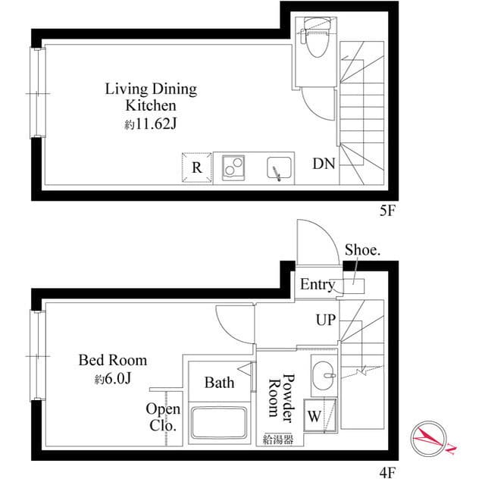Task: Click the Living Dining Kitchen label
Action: pyautogui.click(x=150, y=97)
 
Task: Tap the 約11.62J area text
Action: pyautogui.click(x=150, y=123)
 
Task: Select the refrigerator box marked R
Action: pyautogui.click(x=196, y=167)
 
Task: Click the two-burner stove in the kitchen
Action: pyautogui.click(x=236, y=167)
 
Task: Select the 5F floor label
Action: pyautogui.click(x=386, y=213)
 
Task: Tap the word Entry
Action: pyautogui.click(x=317, y=285)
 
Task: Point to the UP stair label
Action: pyautogui.click(x=325, y=321)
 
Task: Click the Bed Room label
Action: pyautogui.click(x=113, y=360)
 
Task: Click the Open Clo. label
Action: pyautogui.click(x=162, y=418)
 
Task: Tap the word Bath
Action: pyautogui.click(x=219, y=383)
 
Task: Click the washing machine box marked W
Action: pyautogui.click(x=314, y=416)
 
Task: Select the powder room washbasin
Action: pyautogui.click(x=326, y=374)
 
